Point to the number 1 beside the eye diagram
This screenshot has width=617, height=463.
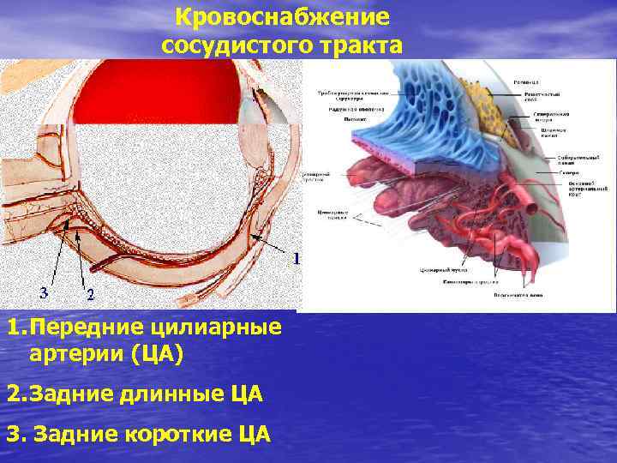pos(297,257)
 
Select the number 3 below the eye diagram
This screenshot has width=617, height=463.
pos(44,292)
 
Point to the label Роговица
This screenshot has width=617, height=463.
pos(526,81)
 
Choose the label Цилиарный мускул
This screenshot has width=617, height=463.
pos(440,270)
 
